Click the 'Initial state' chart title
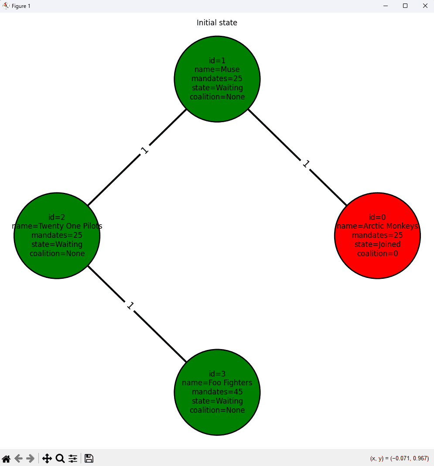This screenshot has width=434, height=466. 217,23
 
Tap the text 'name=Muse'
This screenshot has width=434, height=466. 217,69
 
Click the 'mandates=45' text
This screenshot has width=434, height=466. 217,392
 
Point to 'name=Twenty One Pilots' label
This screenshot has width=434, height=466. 57,226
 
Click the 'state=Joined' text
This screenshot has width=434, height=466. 377,244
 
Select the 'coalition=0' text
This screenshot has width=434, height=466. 377,254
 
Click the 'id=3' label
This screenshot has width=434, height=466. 217,373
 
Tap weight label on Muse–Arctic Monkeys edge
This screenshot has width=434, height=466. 306,164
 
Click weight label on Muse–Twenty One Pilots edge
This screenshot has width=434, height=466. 144,150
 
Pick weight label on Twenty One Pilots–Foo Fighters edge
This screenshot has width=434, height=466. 130,305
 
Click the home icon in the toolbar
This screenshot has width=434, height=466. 6,459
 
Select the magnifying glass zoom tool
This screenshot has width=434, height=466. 60,459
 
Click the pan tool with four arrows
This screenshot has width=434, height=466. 47,459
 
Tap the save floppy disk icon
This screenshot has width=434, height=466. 89,459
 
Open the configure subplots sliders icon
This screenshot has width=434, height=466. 73,459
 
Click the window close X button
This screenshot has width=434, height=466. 425,6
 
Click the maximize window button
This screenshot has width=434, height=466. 405,6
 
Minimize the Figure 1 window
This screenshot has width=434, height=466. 386,6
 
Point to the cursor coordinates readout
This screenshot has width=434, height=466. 399,459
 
